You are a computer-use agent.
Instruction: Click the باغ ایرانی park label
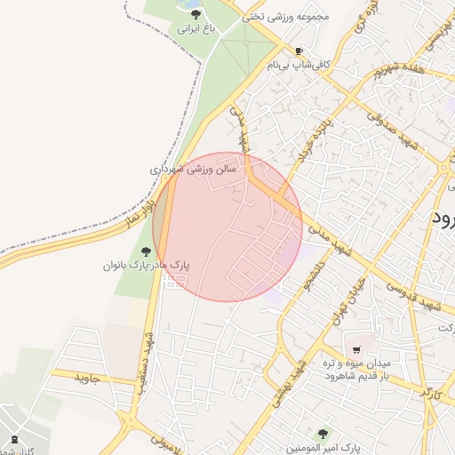(196, 28)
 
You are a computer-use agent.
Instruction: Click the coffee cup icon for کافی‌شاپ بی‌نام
(299, 51)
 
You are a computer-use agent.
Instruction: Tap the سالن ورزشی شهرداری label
(191, 166)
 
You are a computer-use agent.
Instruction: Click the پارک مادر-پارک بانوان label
(147, 266)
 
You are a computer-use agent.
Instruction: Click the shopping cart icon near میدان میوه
(356, 349)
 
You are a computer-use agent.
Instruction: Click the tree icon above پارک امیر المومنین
(322, 434)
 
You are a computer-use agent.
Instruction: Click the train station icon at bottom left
(14, 438)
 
